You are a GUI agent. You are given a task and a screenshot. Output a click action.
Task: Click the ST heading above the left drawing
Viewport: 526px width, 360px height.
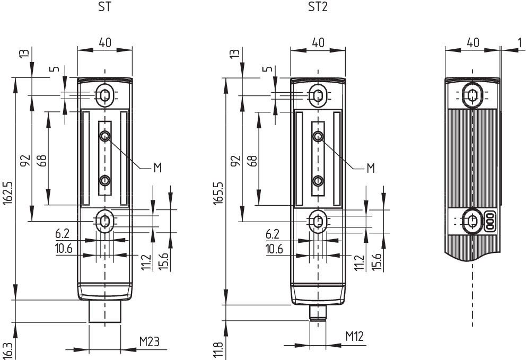click(104, 7)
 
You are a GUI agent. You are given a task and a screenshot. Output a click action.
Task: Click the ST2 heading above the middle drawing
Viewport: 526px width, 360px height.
click(318, 7)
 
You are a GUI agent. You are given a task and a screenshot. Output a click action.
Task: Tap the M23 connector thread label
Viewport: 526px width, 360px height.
click(150, 342)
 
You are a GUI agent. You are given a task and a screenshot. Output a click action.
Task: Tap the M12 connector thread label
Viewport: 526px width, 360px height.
click(355, 337)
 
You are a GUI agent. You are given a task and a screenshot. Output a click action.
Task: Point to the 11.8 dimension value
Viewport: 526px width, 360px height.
click(218, 351)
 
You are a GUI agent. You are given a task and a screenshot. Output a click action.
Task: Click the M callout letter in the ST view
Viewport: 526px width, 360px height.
click(157, 168)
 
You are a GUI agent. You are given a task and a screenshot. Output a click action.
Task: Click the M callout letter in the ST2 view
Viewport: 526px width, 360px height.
click(371, 168)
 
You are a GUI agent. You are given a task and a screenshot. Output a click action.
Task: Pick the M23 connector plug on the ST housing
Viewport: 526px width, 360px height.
click(105, 311)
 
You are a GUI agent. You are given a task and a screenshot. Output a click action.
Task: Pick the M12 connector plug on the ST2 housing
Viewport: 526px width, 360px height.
click(318, 313)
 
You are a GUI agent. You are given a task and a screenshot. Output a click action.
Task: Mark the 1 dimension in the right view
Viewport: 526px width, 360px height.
click(520, 42)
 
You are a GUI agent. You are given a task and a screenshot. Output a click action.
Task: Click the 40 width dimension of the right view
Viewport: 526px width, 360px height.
click(472, 42)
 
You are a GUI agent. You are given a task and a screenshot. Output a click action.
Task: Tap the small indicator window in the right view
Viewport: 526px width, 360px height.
click(490, 222)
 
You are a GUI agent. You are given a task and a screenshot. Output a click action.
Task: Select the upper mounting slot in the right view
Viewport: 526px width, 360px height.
click(472, 95)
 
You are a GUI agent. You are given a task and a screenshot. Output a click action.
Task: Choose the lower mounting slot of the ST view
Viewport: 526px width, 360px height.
click(105, 221)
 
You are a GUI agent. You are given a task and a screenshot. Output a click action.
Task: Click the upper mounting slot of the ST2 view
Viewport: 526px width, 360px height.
click(318, 96)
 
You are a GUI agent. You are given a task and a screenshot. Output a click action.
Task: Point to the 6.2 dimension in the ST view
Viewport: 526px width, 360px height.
click(62, 234)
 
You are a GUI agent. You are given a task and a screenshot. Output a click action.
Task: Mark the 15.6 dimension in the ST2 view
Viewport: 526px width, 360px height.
click(376, 262)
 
